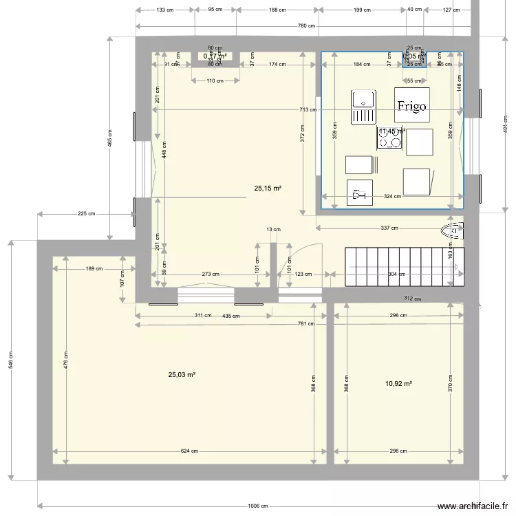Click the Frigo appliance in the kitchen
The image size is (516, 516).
pos(411,105)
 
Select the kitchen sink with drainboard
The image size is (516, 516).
pos(363,107)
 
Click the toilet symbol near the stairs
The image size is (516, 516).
pos(451,230)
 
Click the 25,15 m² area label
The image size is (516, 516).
pos(268,187)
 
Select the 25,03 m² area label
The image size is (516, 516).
pos(182,375)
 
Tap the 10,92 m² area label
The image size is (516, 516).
pos(398,383)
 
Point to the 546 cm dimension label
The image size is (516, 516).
pos(10,361)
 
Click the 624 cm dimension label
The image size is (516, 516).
pos(189,451)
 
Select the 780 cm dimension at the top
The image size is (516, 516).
pos(306,26)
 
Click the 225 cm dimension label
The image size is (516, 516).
pos(87,214)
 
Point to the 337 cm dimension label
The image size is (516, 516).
pos(389,228)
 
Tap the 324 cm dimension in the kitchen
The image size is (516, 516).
pos(392,197)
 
